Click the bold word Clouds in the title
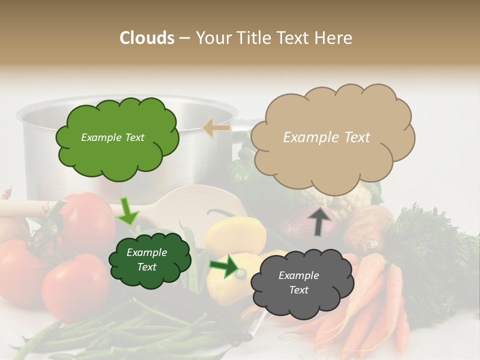point(147,38)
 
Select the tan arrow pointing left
point(216,128)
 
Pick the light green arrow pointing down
point(128,211)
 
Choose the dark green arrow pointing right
point(224,266)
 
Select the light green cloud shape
point(117,157)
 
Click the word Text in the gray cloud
point(298,290)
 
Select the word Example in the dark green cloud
point(146,252)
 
